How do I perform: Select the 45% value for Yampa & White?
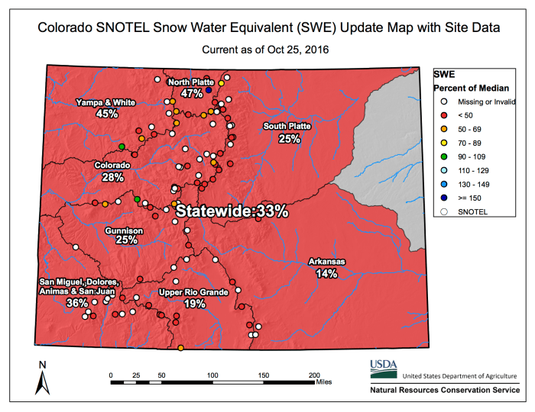[107, 114]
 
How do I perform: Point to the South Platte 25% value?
[288, 139]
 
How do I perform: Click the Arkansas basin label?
[326, 262]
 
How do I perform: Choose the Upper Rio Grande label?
[193, 291]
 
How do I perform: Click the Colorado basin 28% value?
[112, 177]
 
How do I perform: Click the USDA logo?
[384, 369]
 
